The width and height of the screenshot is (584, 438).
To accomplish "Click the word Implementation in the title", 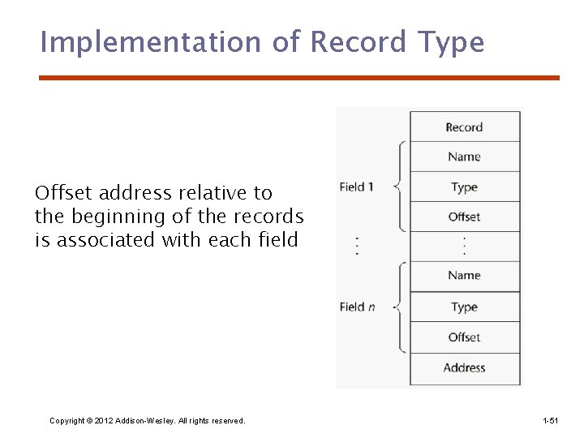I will pyautogui.click(x=150, y=42).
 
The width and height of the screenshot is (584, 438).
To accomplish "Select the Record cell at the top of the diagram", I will pyautogui.click(x=464, y=127).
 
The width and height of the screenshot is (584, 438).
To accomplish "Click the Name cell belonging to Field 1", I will pyautogui.click(x=464, y=157).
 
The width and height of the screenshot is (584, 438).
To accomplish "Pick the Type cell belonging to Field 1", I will pyautogui.click(x=464, y=187).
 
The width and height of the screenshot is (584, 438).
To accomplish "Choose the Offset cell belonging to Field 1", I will pyautogui.click(x=464, y=217).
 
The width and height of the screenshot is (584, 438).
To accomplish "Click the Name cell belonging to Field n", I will pyautogui.click(x=464, y=276).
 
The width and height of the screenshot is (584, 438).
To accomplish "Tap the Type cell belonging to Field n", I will pyautogui.click(x=464, y=307).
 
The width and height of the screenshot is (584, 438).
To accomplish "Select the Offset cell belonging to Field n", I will pyautogui.click(x=464, y=337).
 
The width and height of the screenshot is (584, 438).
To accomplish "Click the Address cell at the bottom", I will pyautogui.click(x=464, y=367).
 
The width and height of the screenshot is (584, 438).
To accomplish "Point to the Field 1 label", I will pyautogui.click(x=356, y=187).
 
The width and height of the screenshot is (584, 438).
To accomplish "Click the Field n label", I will pyautogui.click(x=357, y=307).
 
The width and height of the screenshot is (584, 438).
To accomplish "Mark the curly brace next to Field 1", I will pyautogui.click(x=398, y=187).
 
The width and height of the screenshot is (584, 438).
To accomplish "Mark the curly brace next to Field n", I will pyautogui.click(x=398, y=307).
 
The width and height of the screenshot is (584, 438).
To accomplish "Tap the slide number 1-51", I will pyautogui.click(x=550, y=420).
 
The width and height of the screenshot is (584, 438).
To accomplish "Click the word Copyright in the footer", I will pyautogui.click(x=67, y=420).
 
